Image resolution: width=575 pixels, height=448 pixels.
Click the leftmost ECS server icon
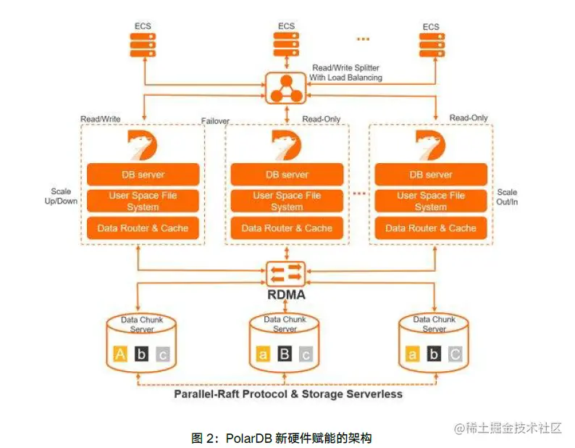(x=143, y=45)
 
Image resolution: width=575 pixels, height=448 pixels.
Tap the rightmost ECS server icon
(x=431, y=45)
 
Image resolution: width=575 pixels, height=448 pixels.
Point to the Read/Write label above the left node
(x=101, y=118)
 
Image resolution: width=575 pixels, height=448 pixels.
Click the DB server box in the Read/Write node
(x=143, y=175)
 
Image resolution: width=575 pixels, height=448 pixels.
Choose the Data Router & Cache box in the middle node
(x=287, y=228)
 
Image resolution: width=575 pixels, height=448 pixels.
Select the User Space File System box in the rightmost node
(x=430, y=201)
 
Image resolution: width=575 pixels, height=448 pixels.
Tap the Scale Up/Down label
(x=61, y=196)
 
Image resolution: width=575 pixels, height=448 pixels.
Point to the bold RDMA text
(x=286, y=295)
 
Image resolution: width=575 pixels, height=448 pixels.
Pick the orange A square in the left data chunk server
(x=121, y=354)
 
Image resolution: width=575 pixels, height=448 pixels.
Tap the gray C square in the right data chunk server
(x=456, y=354)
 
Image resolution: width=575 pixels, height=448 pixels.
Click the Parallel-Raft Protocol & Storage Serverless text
(x=287, y=394)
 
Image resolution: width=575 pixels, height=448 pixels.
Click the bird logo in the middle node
(x=287, y=145)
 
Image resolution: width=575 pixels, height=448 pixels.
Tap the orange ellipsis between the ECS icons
(x=363, y=39)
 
